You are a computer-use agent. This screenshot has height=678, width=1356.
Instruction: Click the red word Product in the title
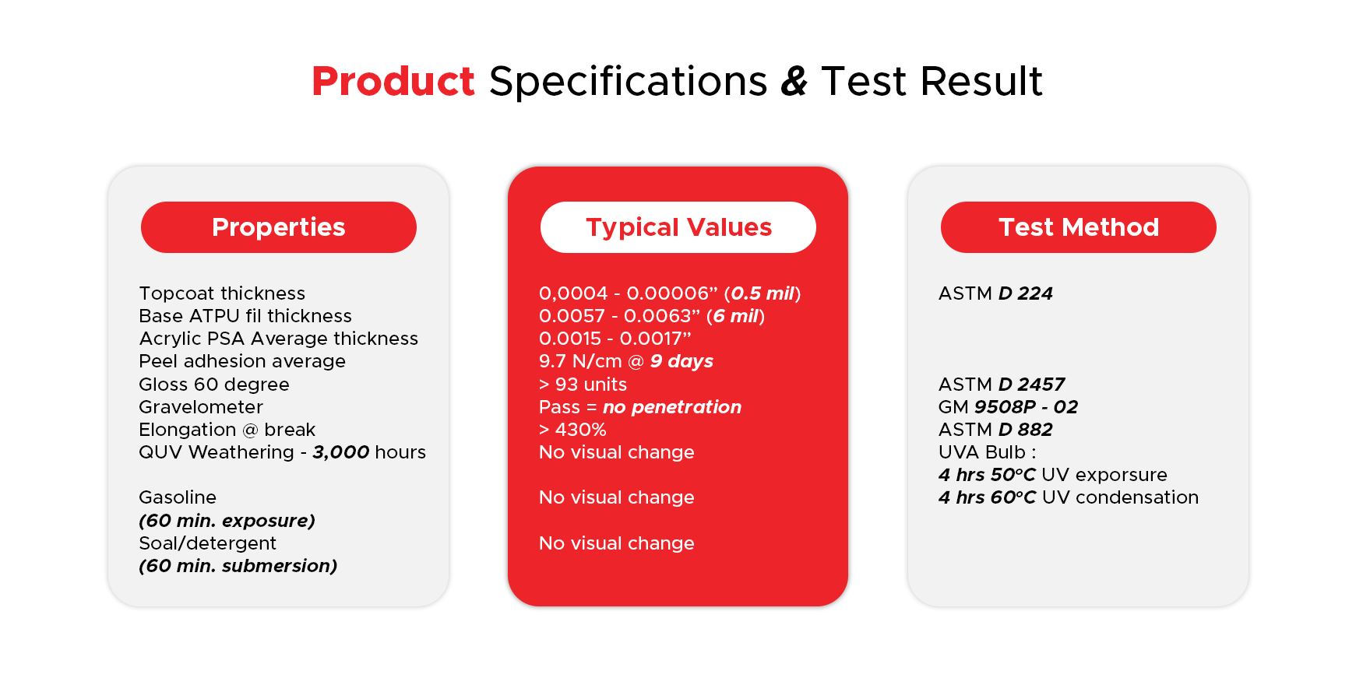point(393,81)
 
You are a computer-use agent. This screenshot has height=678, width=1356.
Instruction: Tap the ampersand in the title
point(794,81)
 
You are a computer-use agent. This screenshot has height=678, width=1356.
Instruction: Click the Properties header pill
point(279,227)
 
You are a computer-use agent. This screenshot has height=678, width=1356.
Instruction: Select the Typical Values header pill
point(678,227)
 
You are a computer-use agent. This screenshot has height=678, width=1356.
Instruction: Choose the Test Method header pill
point(1079,227)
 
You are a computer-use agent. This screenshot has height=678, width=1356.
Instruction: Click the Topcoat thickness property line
point(222,293)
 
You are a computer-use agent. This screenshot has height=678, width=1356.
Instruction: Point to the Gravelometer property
point(201,407)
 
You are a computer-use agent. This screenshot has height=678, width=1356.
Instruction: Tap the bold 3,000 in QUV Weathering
point(341,452)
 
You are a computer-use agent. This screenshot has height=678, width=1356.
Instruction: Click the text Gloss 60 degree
point(214,385)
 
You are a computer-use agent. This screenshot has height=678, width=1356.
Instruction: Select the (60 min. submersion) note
point(238,566)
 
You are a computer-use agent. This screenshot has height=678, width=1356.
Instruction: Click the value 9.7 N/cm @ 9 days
point(626,361)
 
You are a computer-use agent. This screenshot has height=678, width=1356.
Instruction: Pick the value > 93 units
point(583,385)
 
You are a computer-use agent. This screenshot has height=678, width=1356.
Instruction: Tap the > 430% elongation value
point(572,430)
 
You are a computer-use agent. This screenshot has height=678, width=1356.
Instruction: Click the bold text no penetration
point(672,407)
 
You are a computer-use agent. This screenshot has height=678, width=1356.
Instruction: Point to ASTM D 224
point(995,293)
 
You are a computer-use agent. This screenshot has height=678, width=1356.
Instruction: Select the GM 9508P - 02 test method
point(1008,407)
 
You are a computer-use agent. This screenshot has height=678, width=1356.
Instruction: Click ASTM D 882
point(995,430)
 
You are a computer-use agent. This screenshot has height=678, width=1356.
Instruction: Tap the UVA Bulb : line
point(987,452)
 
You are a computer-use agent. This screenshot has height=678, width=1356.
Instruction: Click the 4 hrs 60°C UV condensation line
point(1069,497)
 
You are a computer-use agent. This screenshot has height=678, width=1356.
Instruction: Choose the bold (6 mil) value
point(736,316)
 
